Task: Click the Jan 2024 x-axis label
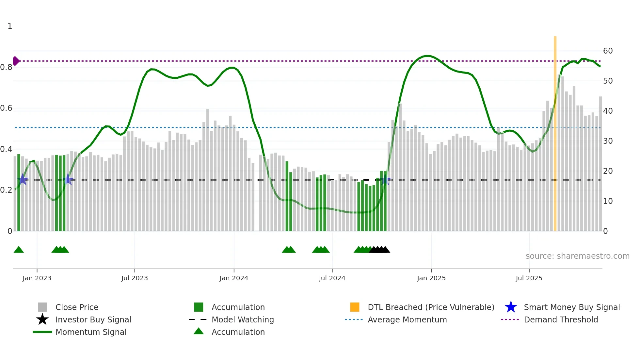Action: tap(234, 278)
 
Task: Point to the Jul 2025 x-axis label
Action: tap(529, 278)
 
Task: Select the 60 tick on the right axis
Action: tap(608, 51)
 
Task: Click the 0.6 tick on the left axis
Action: tap(7, 108)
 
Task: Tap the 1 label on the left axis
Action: tap(10, 26)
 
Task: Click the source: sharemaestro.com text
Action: tap(577, 256)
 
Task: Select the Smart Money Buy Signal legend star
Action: tap(511, 307)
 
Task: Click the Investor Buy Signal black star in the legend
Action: tap(42, 319)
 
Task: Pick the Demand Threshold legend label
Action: tap(561, 319)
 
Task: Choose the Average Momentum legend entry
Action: tap(407, 319)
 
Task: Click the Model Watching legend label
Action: tap(243, 319)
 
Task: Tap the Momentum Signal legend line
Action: tap(42, 332)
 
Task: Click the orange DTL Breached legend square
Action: tap(355, 307)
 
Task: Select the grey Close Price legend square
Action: tap(42, 307)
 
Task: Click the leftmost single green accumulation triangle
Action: tap(19, 250)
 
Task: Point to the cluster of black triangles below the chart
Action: tap(379, 250)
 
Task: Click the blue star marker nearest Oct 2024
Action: tap(385, 179)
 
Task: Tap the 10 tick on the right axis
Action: tap(608, 201)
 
